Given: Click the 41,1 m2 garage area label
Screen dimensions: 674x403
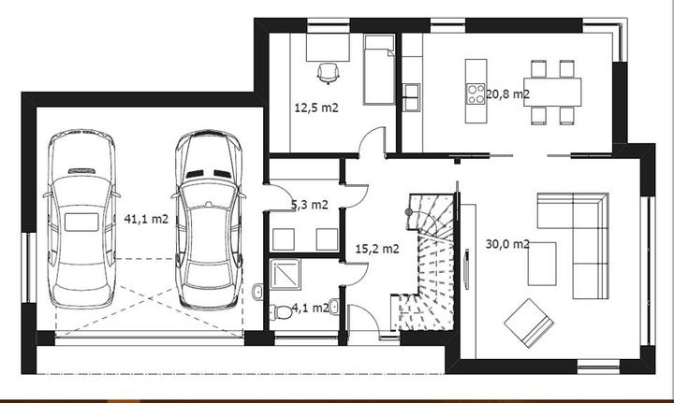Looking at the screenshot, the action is [x=146, y=219].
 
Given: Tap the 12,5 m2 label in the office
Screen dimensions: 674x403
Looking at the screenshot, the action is [x=316, y=108].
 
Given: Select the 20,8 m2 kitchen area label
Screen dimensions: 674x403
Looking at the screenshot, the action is [x=507, y=94].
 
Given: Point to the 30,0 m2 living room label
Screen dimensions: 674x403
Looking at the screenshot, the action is [x=507, y=244].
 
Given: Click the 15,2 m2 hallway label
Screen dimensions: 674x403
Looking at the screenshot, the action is [x=377, y=249].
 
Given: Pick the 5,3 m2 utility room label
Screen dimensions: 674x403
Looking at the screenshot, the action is [x=310, y=205].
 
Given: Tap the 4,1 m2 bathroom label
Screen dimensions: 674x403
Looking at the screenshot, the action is [x=311, y=308].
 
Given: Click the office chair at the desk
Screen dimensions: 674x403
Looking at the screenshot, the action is [x=328, y=73].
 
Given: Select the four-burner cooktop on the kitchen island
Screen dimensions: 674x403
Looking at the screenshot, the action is [x=476, y=94].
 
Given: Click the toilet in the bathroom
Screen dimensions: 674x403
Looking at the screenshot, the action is [x=281, y=311].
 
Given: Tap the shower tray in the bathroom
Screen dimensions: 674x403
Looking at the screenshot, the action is [x=286, y=274].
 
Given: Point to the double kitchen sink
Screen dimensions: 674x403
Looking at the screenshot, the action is [x=412, y=97].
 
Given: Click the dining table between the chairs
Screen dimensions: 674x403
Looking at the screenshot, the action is [x=552, y=93].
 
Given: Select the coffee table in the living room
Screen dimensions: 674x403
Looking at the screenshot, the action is [x=542, y=264].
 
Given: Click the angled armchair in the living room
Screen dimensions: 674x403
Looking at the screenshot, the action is [x=529, y=323].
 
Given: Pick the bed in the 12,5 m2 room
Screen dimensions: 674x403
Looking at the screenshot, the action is [x=379, y=69].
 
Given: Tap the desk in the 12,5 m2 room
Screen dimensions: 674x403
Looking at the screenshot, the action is [x=328, y=48].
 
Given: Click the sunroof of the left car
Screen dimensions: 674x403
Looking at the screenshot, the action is [x=81, y=223].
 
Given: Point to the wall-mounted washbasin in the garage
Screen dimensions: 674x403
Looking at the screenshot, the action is [x=257, y=292].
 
